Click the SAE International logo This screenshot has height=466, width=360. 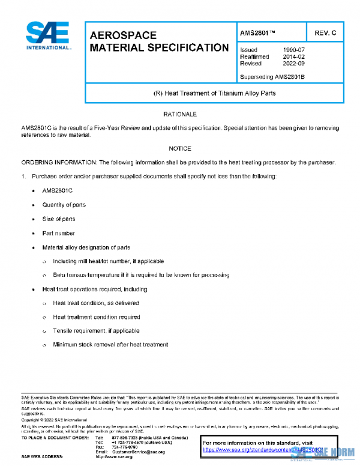(48, 36)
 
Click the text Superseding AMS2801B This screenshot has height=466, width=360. (272, 77)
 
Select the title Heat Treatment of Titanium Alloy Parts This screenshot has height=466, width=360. (215, 93)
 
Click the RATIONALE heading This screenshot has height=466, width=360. (180, 113)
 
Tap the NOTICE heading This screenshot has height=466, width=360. (180, 148)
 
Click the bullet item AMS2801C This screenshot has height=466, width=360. (57, 190)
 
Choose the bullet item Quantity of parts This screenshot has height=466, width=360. (64, 205)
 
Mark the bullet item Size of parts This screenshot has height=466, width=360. (58, 219)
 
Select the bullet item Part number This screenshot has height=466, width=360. (58, 233)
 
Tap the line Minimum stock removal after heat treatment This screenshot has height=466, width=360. (110, 345)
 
